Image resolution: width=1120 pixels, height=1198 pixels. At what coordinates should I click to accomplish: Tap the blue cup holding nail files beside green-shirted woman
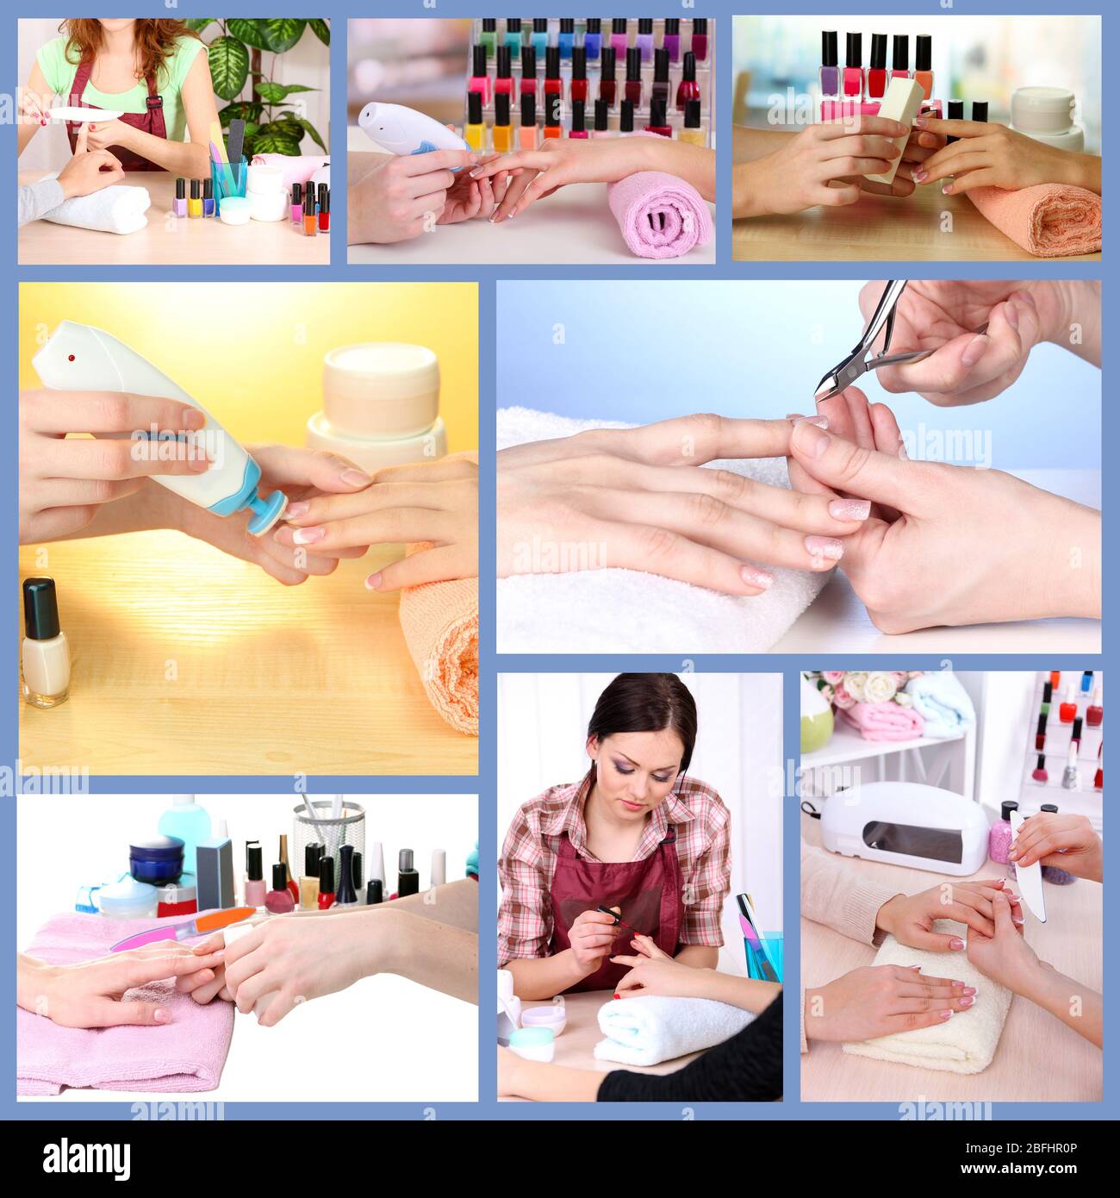pos(229,181)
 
